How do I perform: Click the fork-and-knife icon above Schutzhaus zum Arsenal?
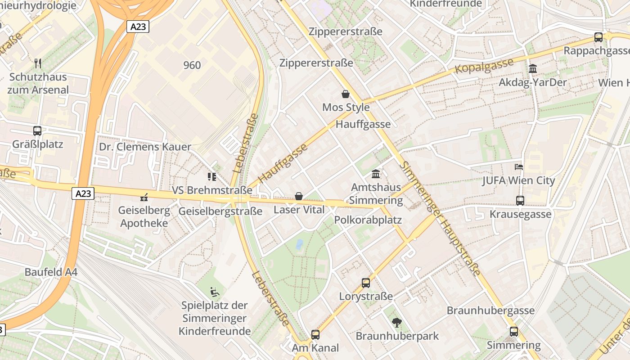click(38, 63)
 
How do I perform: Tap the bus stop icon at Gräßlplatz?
click(37, 131)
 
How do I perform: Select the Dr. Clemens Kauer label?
click(145, 147)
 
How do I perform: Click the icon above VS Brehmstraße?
click(211, 176)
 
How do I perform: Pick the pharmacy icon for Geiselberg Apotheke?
click(144, 197)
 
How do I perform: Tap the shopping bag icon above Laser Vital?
click(298, 196)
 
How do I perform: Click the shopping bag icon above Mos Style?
click(346, 94)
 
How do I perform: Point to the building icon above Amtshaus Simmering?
click(376, 174)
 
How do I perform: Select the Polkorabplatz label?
click(368, 220)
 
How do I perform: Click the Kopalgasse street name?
click(484, 66)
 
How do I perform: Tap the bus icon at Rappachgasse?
click(598, 37)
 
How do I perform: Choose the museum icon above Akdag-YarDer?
click(533, 69)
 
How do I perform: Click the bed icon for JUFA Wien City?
click(518, 167)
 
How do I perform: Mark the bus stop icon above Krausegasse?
click(520, 200)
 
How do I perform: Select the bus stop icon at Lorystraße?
click(366, 283)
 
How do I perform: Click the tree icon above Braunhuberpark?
click(397, 322)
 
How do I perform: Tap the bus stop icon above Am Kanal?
click(315, 334)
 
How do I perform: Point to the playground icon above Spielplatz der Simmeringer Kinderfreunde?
click(215, 292)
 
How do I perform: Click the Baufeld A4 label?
click(51, 272)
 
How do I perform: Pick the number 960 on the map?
click(192, 65)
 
